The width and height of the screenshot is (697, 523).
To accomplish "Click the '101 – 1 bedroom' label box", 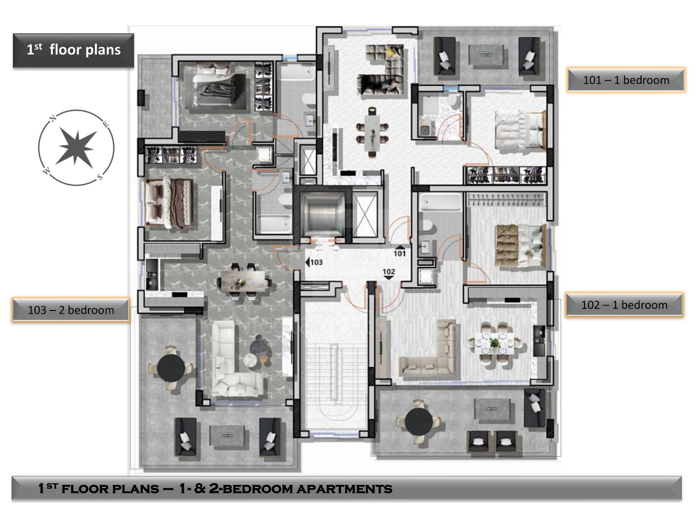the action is [626, 80].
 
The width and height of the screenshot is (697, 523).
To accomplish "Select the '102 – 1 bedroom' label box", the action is [624, 305].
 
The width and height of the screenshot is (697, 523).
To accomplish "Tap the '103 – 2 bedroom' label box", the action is [71, 310].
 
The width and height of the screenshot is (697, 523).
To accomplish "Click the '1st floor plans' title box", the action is [74, 50].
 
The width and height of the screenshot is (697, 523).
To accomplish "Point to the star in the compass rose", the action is [76, 147].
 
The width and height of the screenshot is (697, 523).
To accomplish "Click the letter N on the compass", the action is [53, 118].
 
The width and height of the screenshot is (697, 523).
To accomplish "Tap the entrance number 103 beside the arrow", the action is [316, 262].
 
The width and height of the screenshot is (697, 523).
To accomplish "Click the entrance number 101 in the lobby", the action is [400, 254].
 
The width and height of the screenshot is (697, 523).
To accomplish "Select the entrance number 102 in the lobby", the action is [389, 272].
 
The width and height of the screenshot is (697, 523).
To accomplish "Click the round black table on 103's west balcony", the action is [171, 368].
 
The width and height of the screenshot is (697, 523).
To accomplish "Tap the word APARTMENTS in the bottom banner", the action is [344, 489].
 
